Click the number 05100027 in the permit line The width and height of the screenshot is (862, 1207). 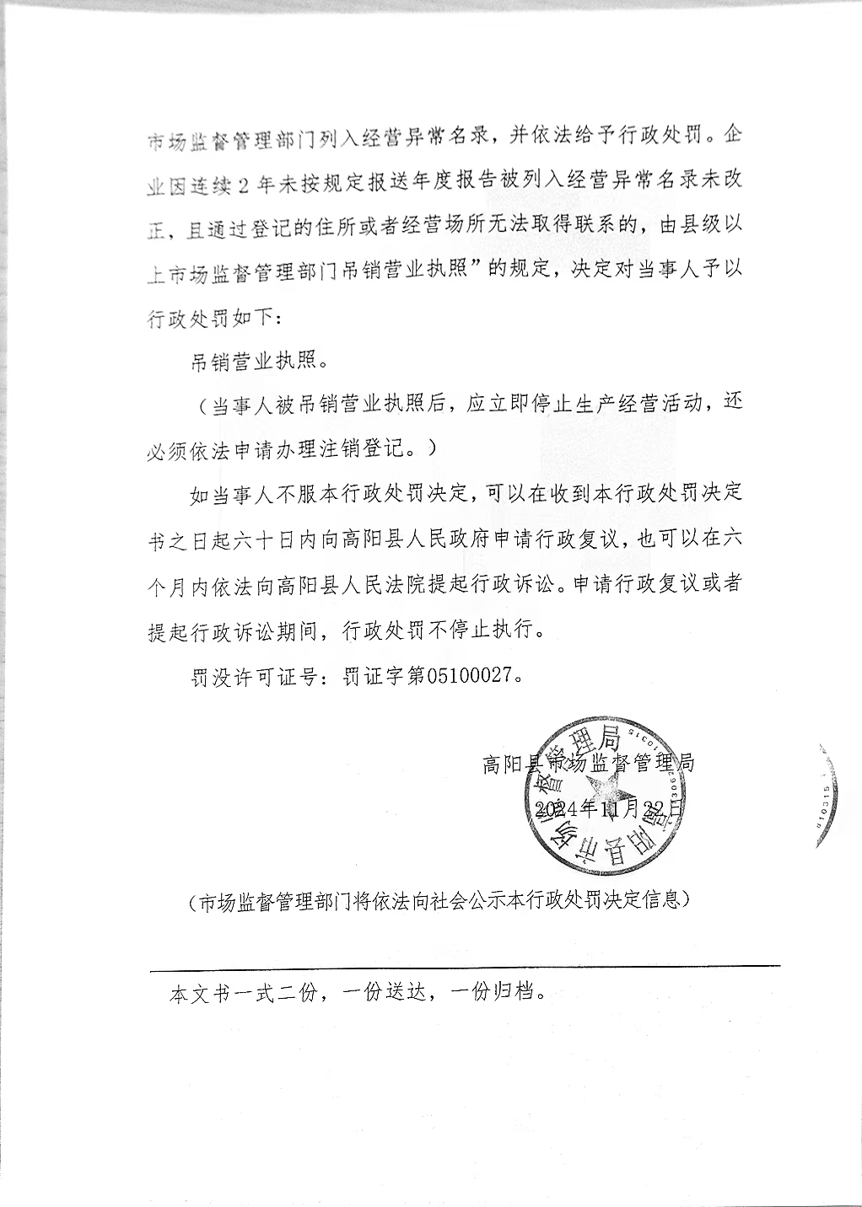click(471, 677)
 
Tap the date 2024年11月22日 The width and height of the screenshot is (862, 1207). click(608, 808)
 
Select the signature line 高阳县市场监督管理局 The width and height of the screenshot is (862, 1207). click(588, 764)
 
